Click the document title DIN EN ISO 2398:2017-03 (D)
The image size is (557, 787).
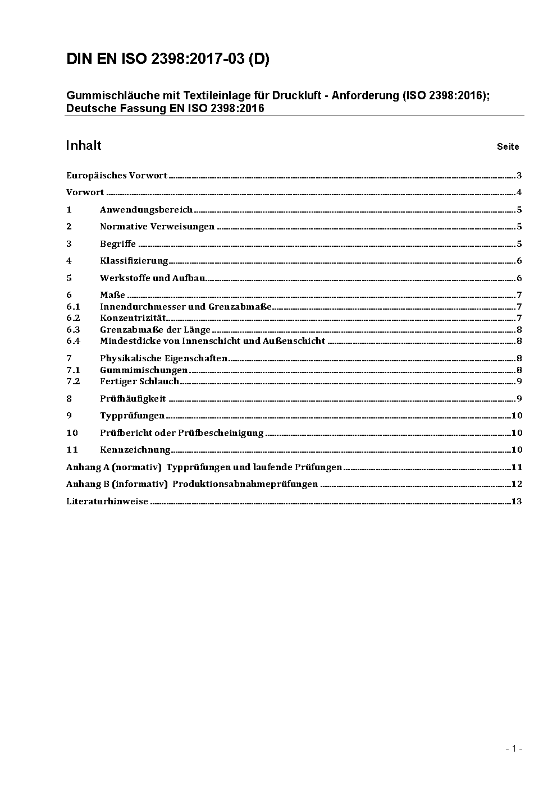(x=168, y=59)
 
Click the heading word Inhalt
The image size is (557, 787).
(x=84, y=146)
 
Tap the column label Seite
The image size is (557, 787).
(x=508, y=147)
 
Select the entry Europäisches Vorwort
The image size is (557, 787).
(x=117, y=176)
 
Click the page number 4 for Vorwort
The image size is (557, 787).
(x=519, y=193)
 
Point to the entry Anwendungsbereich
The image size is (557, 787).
(x=146, y=210)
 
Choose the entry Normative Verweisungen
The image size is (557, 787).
(x=157, y=227)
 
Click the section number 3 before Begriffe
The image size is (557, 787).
(x=69, y=244)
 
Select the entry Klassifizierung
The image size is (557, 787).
(x=134, y=261)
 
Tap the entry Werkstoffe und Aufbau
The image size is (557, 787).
(x=152, y=278)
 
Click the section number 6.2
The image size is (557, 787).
(x=73, y=318)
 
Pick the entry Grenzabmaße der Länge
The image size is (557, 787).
(x=155, y=330)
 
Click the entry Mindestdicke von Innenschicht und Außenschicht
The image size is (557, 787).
(x=212, y=341)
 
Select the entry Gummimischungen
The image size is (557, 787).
(x=144, y=370)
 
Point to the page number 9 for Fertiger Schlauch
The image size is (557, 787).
(x=519, y=381)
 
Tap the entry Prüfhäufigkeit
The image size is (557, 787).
(x=133, y=399)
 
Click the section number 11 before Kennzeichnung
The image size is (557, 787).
(x=72, y=450)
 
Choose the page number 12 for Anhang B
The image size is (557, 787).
(x=517, y=484)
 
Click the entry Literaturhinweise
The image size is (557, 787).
(x=107, y=501)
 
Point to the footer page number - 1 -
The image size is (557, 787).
(x=513, y=748)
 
